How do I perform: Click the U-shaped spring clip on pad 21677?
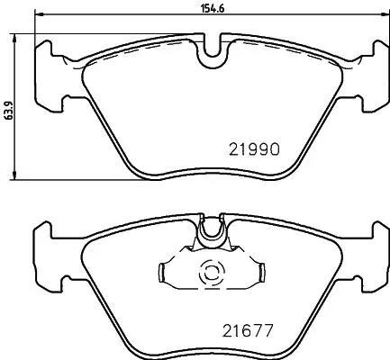pyautogui.click(x=213, y=232)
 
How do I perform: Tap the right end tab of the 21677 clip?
pyautogui.click(x=262, y=270)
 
